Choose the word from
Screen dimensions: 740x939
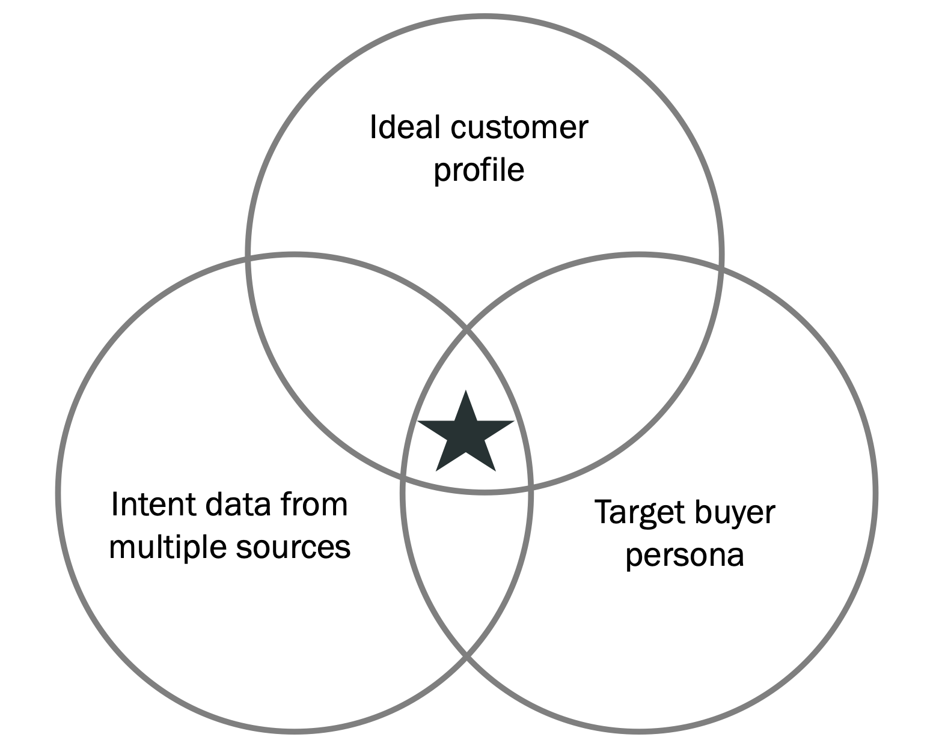pyautogui.click(x=316, y=504)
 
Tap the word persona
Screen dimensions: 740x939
pyautogui.click(x=685, y=555)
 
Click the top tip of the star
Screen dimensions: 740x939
pyautogui.click(x=466, y=391)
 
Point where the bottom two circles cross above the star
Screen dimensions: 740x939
pyautogui.click(x=466, y=329)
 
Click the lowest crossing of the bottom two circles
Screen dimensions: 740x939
pyautogui.click(x=466, y=656)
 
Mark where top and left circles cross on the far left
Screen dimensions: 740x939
pyautogui.click(x=248, y=258)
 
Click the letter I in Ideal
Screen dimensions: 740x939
pyautogui.click(x=373, y=127)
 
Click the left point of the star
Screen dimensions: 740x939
pyautogui.click(x=418, y=421)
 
